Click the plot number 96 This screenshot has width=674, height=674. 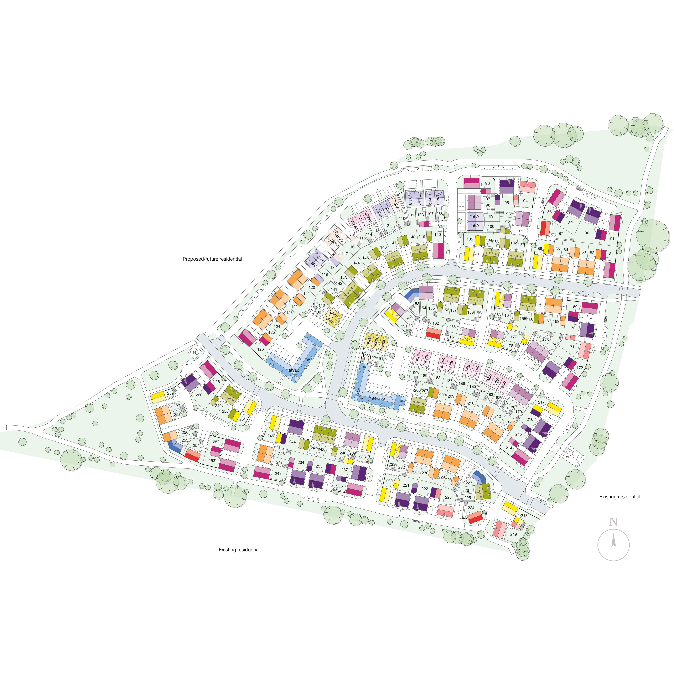pos(487,183)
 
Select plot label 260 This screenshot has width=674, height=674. pos(199,395)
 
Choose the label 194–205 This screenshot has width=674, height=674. pos(377,398)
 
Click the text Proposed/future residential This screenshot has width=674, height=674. pos(212,259)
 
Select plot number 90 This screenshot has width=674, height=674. pos(587,233)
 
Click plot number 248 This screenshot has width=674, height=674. pos(278,474)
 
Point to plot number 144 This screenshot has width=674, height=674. pos(356,263)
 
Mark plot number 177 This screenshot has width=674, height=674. pos(514,337)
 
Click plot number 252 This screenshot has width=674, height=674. pos(216,442)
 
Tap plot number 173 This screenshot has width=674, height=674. pos(559,358)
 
